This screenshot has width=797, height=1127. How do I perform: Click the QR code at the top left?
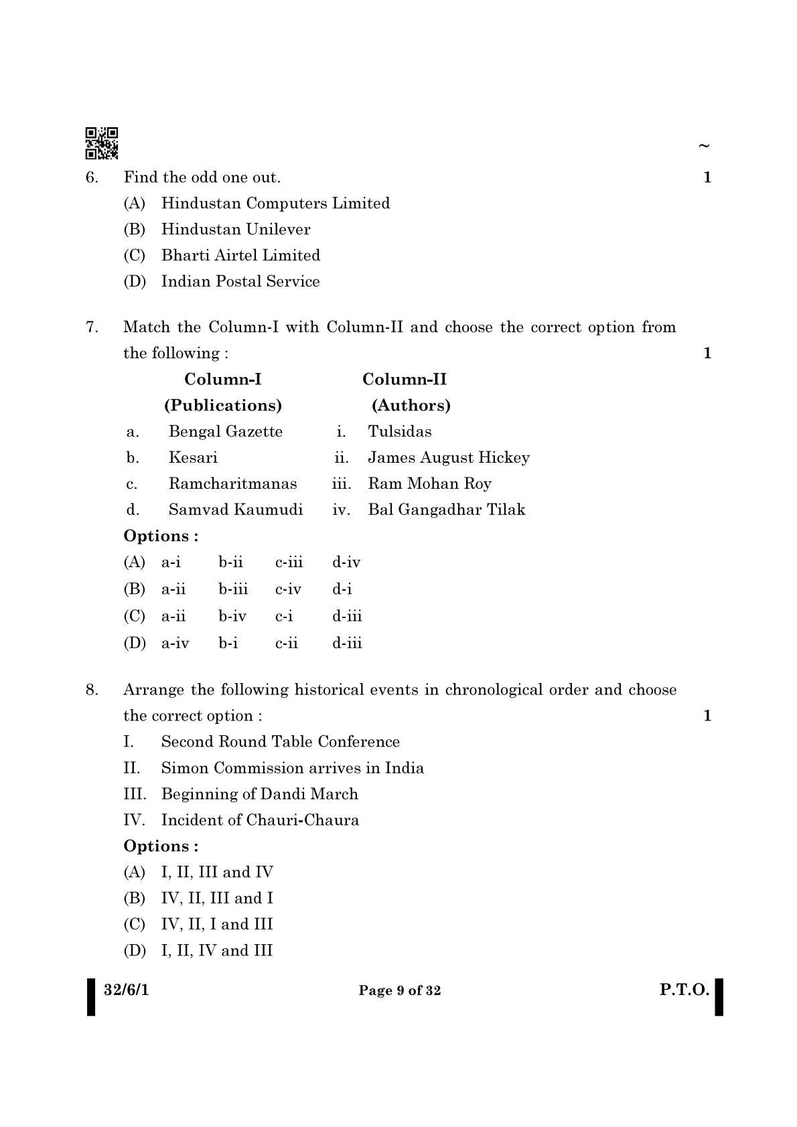[x=102, y=143]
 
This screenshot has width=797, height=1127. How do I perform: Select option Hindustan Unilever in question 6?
[x=235, y=229]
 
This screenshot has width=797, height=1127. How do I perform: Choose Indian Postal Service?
[x=240, y=281]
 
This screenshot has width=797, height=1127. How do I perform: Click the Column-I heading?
[x=222, y=380]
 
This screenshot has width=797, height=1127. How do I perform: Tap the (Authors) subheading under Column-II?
[x=411, y=405]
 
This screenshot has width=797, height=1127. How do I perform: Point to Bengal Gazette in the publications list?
[x=225, y=431]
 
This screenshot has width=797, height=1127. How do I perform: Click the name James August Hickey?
[x=448, y=457]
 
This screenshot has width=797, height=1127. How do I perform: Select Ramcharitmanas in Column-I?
[x=232, y=483]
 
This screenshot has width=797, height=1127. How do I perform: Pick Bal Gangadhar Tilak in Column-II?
[x=446, y=510]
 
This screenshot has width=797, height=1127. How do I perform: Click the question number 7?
[x=92, y=327]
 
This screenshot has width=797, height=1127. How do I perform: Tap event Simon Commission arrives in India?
[x=292, y=768]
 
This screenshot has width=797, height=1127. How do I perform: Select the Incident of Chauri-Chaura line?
[x=260, y=820]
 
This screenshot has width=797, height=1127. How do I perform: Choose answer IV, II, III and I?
[x=216, y=898]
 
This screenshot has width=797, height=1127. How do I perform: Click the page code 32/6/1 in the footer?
[x=127, y=990]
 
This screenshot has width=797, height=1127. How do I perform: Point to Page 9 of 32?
[x=400, y=991]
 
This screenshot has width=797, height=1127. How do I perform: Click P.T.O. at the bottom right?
[x=684, y=990]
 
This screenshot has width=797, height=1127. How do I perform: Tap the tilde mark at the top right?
[x=703, y=145]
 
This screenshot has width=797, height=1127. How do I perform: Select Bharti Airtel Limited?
[x=240, y=255]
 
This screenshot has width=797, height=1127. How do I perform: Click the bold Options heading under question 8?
[x=161, y=846]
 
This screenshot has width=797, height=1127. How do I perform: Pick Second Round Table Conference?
[x=280, y=742]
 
